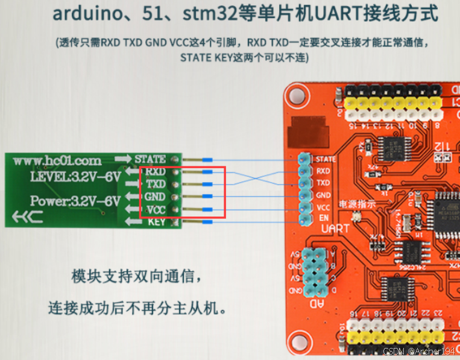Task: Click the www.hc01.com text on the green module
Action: (x=57, y=161)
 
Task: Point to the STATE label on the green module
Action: (x=150, y=159)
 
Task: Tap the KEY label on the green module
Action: (x=156, y=222)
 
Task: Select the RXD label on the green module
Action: (x=156, y=172)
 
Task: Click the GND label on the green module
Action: (x=155, y=197)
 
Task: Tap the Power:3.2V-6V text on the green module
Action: (x=75, y=201)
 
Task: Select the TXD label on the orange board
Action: (x=323, y=183)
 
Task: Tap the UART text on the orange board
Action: (x=336, y=230)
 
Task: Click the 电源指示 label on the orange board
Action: (x=358, y=204)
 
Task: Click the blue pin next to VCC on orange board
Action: (x=305, y=207)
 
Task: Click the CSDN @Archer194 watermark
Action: (x=419, y=352)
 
